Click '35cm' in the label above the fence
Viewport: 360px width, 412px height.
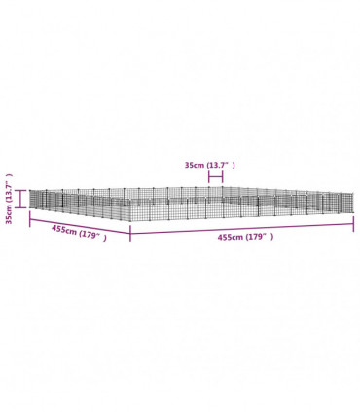point(194,165)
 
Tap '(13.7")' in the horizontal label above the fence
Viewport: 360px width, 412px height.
point(221,165)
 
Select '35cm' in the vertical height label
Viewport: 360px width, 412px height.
point(9,214)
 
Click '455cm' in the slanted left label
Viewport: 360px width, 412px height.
point(64,231)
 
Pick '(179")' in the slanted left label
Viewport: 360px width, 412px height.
point(92,237)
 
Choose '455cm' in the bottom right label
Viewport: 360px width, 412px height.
point(231,237)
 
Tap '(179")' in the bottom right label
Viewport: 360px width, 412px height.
point(259,237)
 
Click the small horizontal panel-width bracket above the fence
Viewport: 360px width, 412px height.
point(216,177)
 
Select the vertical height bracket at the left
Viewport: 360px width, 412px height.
point(20,199)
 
